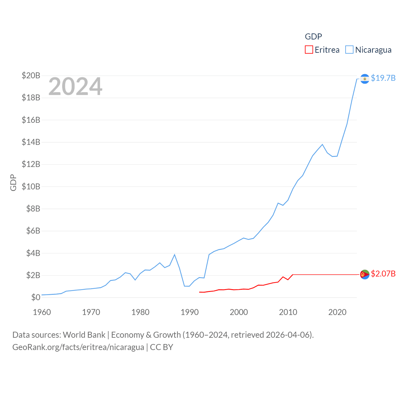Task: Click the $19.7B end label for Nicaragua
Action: click(x=383, y=78)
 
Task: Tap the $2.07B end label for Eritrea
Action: click(x=383, y=274)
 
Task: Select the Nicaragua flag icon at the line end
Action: click(x=365, y=79)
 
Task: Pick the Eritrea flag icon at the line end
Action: click(x=365, y=275)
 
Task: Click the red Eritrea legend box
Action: click(x=309, y=50)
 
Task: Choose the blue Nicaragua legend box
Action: click(x=349, y=50)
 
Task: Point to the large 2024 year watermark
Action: click(x=75, y=86)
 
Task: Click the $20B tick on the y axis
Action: click(x=31, y=75)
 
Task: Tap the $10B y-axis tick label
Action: click(x=31, y=187)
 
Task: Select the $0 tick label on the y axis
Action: click(x=36, y=297)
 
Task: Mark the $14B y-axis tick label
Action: click(x=31, y=142)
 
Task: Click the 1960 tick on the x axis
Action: click(x=42, y=312)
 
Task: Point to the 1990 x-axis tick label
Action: click(x=189, y=312)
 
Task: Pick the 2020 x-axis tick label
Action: click(x=337, y=312)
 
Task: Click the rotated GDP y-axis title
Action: click(x=13, y=182)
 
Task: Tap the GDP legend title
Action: click(x=313, y=37)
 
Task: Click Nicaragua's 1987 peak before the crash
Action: click(x=175, y=255)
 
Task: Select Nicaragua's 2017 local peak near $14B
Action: click(x=322, y=145)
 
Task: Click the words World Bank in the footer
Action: click(x=84, y=335)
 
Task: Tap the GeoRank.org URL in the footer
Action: click(x=78, y=347)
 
